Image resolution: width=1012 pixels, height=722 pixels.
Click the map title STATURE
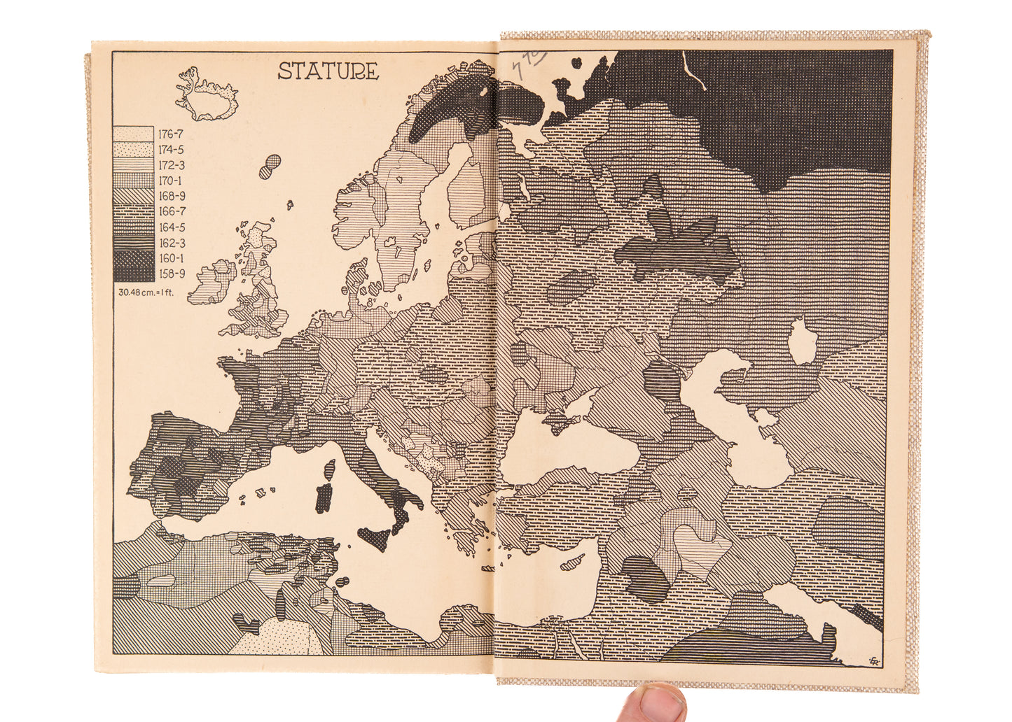[328, 71]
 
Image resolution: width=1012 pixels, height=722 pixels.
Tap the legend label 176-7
[170, 134]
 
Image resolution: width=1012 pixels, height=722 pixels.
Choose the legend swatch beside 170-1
[134, 181]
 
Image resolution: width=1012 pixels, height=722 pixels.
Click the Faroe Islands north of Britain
[270, 167]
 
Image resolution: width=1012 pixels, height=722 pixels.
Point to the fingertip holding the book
[654, 702]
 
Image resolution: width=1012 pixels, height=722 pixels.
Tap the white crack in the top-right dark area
[694, 73]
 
